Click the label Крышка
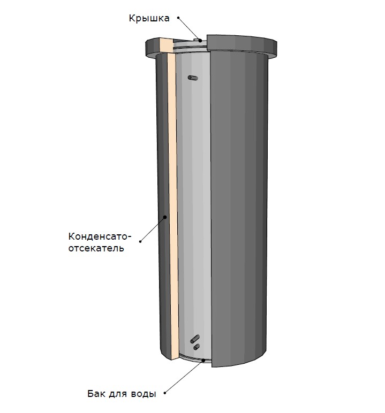click(149, 18)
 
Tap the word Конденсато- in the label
click(100, 236)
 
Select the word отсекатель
click(96, 248)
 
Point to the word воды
click(144, 394)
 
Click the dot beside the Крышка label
click(178, 18)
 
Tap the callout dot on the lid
click(200, 41)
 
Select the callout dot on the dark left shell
click(165, 217)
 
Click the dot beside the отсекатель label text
click(140, 241)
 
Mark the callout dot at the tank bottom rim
click(203, 360)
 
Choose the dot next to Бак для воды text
click(165, 393)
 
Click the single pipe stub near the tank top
click(193, 78)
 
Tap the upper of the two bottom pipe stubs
click(195, 339)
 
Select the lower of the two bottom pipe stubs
click(197, 347)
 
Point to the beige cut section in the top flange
click(166, 46)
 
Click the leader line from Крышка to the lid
click(189, 29)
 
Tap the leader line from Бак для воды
click(184, 377)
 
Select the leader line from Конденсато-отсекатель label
click(153, 229)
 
